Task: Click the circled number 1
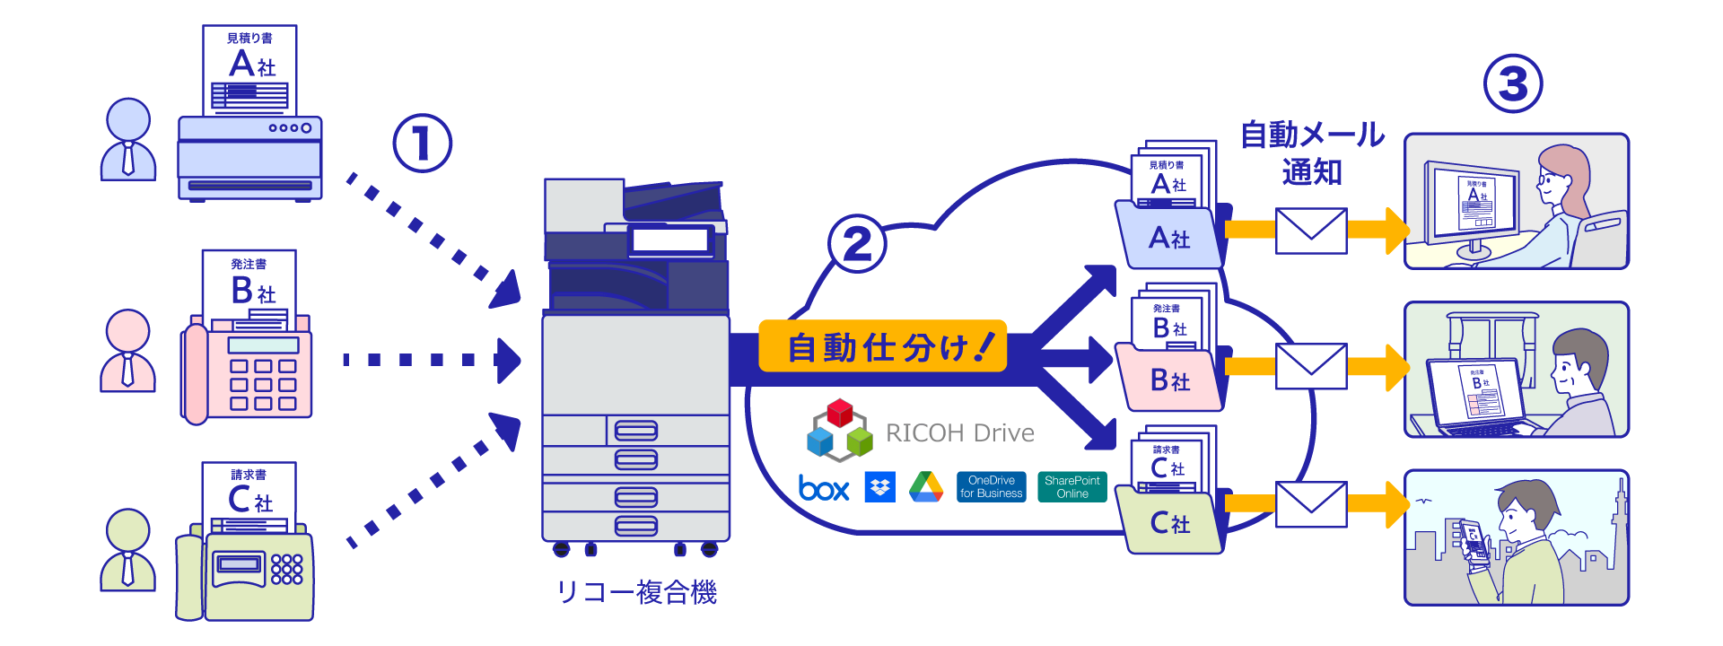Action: [x=422, y=144]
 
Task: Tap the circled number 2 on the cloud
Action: [x=857, y=243]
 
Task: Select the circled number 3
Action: [x=1513, y=84]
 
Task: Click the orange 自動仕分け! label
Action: [x=882, y=346]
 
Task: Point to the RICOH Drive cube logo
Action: [x=839, y=431]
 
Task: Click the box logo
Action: [x=823, y=488]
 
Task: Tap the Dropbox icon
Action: [x=879, y=487]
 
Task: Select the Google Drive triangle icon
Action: [x=925, y=487]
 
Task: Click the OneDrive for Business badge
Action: [x=991, y=487]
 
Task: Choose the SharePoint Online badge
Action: [x=1071, y=487]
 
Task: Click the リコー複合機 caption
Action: [x=636, y=593]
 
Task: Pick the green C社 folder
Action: [x=1168, y=523]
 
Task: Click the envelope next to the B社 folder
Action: [x=1310, y=367]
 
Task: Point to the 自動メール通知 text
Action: [x=1311, y=153]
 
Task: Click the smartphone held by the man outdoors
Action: [x=1474, y=544]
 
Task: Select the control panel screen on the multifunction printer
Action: [x=670, y=240]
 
